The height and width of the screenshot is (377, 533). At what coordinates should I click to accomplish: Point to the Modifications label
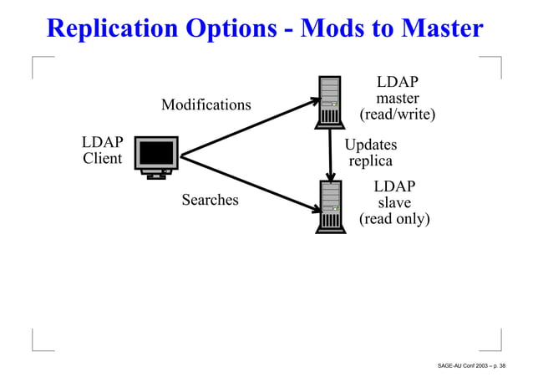pos(206,105)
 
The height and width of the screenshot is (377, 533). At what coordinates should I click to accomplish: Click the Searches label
pos(210,200)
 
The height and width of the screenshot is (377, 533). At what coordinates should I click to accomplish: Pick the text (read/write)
pos(397,115)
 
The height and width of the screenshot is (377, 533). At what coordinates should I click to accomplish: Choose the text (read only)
pos(394,219)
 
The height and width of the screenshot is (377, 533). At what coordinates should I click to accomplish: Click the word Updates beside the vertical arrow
pos(371,145)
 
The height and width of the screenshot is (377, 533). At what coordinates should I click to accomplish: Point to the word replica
pos(370,161)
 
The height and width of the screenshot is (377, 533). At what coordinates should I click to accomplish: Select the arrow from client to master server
pos(251,126)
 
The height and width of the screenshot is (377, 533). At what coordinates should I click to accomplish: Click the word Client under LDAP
pos(102,158)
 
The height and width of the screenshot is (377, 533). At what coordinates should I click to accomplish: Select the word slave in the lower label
pos(394,202)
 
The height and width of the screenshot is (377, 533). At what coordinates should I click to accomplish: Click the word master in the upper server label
pos(397,98)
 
